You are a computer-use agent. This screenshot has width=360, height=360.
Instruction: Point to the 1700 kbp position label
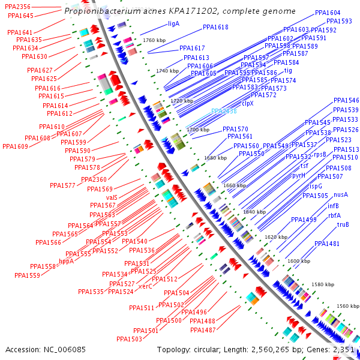(197, 130)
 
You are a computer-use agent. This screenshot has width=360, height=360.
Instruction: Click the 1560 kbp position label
(347, 306)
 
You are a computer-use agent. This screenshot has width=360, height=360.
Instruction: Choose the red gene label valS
(112, 197)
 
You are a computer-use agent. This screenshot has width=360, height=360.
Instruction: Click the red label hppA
(67, 261)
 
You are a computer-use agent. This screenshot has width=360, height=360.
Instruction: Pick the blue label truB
(343, 225)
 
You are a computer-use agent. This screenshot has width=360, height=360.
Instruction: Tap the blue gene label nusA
(341, 194)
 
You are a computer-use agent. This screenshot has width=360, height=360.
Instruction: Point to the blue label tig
(288, 71)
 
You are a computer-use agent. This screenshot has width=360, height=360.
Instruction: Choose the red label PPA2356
(17, 7)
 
